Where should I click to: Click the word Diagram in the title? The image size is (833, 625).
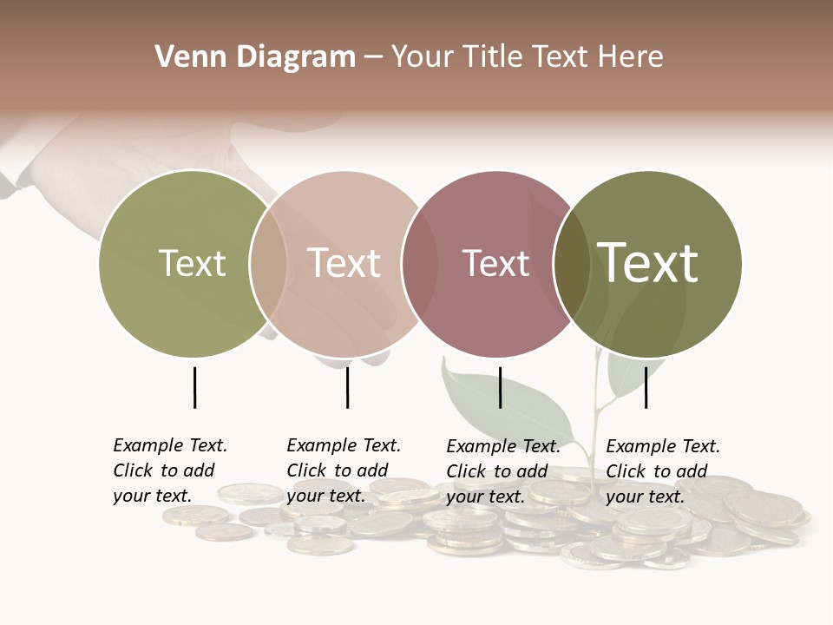pos(295,57)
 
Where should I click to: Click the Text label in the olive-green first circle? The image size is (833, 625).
pos(192,263)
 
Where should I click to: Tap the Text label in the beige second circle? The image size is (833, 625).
pos(344,263)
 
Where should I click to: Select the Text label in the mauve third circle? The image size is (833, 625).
pos(495,263)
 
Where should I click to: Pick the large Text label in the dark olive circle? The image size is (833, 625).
pos(647,263)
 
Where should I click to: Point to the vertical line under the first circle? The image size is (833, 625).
pos(194,387)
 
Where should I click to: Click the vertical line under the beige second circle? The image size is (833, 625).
pos(347,387)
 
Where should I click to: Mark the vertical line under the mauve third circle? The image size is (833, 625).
pos(500,387)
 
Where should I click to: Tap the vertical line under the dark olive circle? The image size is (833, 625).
pos(646,387)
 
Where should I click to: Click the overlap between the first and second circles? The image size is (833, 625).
pos(268,263)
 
